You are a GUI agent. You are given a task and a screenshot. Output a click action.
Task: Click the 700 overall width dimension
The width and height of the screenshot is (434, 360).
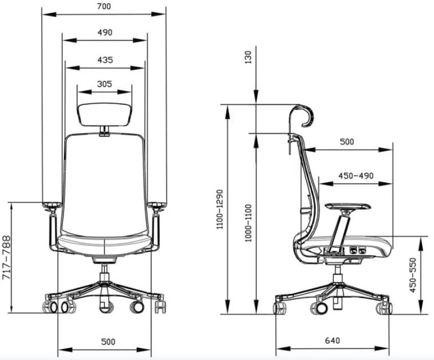tap(104, 7)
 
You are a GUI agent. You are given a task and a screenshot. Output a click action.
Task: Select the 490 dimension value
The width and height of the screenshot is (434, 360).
tap(104, 32)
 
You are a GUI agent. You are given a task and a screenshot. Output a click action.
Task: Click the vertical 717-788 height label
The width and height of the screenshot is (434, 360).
tap(7, 257)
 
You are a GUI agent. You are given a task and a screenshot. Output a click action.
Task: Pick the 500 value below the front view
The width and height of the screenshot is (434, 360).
tap(108, 341)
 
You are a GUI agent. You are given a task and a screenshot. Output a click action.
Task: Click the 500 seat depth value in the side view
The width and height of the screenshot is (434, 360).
tap(347, 142)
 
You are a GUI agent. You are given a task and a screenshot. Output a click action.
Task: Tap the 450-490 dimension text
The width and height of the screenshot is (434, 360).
tap(356, 175)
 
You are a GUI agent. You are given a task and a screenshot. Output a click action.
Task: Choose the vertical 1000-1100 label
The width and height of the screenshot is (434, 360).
tap(248, 223)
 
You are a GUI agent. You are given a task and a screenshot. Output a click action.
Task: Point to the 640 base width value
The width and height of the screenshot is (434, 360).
tap(332, 340)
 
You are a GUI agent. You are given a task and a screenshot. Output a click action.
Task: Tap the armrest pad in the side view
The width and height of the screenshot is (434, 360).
tap(348, 205)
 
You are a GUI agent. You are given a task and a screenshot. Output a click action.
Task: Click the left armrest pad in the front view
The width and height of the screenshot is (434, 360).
tap(52, 205)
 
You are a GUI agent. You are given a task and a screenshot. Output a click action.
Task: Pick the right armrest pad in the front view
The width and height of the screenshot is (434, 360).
tap(157, 205)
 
